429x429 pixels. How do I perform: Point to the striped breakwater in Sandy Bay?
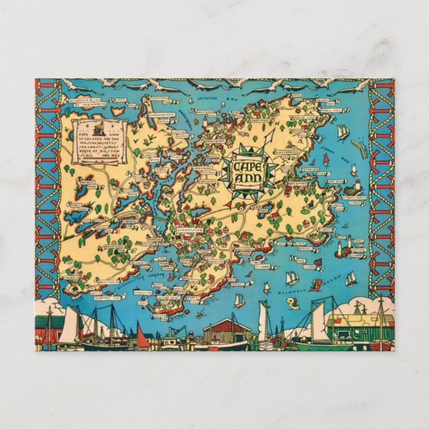[x=360, y=151]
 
